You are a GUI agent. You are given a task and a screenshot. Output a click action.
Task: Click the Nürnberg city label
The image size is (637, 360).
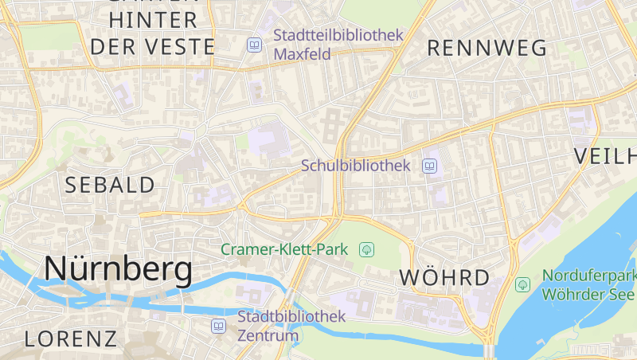point(118,269)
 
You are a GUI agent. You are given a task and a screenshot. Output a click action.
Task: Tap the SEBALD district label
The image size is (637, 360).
point(110,186)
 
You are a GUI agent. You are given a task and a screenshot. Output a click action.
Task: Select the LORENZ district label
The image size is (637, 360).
point(70,338)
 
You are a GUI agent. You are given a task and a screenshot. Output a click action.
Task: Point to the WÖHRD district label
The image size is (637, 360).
point(444,278)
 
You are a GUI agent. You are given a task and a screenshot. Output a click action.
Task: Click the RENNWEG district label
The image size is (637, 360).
point(487,48)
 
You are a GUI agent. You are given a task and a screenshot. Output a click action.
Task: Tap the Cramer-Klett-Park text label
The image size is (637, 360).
point(284,249)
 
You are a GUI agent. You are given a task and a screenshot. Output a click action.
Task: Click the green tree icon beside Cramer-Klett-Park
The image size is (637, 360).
point(366,249)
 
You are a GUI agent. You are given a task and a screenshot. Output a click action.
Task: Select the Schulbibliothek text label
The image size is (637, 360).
point(355,166)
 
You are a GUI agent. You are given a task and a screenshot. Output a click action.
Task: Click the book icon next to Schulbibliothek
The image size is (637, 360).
point(430,166)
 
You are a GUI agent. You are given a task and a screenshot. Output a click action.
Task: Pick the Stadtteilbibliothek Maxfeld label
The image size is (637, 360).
point(338,45)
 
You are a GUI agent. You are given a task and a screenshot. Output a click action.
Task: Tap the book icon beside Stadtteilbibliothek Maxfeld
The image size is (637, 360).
point(254,45)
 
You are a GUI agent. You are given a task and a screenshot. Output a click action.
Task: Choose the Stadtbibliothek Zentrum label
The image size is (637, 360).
point(291,326)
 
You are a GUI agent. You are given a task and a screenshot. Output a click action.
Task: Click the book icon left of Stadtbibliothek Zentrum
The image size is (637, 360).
point(218,326)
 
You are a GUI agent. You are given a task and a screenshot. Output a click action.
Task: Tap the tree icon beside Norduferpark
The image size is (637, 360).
point(523,284)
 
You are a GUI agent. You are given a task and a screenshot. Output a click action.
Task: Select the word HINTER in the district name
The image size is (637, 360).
point(154,20)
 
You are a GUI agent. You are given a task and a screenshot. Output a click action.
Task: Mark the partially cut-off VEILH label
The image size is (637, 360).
point(605,156)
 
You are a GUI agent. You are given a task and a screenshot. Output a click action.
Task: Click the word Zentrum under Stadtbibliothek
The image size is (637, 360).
point(268,335)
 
